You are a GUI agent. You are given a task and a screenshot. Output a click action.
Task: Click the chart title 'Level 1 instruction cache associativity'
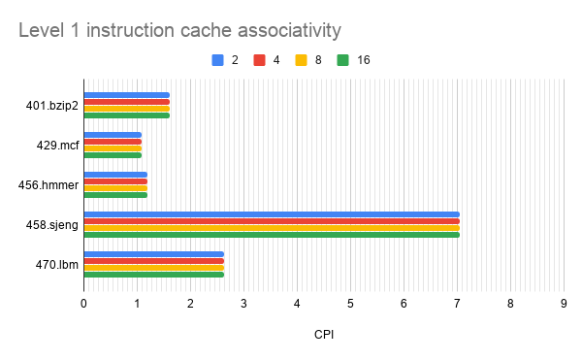(179, 31)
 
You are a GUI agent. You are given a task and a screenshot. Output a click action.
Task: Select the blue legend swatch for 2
(217, 60)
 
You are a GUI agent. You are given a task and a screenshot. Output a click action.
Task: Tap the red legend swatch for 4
(259, 60)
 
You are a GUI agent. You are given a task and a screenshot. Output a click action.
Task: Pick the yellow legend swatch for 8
(301, 60)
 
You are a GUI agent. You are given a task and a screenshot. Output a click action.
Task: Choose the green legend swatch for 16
(342, 60)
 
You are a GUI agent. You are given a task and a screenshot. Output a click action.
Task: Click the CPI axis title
(324, 335)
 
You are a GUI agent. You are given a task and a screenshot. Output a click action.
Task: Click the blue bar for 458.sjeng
(272, 214)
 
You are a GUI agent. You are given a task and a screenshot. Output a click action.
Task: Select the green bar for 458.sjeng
(272, 234)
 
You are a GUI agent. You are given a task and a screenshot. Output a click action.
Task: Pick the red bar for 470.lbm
(153, 260)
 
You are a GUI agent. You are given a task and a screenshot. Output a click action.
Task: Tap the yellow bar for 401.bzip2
(126, 109)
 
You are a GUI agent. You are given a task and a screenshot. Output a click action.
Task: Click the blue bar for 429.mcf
(113, 135)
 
